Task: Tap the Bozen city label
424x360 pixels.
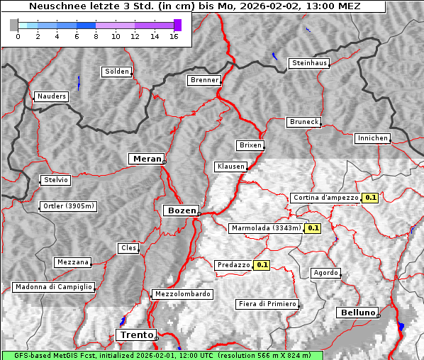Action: (x=181, y=210)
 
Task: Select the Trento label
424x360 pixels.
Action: (x=135, y=334)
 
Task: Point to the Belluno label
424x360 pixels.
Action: (x=357, y=312)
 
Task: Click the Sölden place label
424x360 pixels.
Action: (x=117, y=72)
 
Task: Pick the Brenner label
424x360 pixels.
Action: (x=204, y=80)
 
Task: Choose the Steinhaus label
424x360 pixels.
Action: (x=310, y=63)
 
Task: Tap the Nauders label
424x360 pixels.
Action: (x=51, y=96)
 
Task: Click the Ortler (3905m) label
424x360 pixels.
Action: (x=68, y=206)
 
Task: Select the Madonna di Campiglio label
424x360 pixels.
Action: (x=53, y=287)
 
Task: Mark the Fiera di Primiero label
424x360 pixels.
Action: (x=267, y=304)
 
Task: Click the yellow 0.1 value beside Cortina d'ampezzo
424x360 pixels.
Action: (x=370, y=198)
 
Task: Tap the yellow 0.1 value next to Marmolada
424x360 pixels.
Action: (x=313, y=228)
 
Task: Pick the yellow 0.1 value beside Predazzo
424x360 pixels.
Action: (x=262, y=265)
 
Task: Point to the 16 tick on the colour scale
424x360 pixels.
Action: (x=174, y=36)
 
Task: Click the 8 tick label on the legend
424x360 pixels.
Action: (x=95, y=36)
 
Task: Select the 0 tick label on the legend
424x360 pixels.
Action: (x=17, y=36)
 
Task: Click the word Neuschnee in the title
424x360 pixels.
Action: (x=53, y=6)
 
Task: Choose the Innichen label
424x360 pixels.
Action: (x=372, y=138)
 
